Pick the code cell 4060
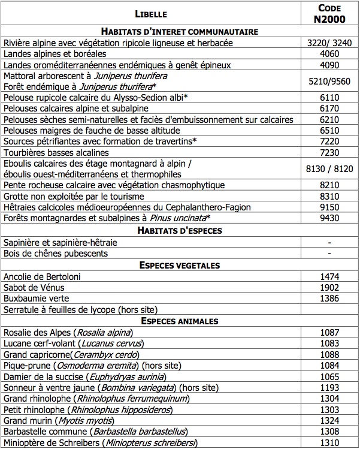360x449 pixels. click(328, 54)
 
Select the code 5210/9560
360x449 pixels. click(328, 82)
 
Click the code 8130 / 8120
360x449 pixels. click(328, 169)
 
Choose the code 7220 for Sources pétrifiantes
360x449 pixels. click(328, 141)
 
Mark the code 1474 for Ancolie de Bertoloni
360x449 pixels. click(328, 276)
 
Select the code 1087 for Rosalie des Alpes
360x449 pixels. click(328, 332)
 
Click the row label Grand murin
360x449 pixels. click(27, 421)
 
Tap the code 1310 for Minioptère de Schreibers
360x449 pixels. click(328, 443)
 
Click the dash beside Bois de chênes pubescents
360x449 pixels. click(328, 254)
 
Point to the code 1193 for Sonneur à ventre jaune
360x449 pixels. click(328, 388)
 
